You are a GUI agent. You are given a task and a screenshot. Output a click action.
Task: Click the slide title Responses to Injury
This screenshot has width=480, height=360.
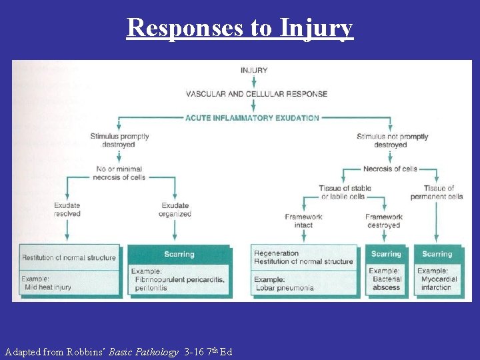pyautogui.click(x=239, y=27)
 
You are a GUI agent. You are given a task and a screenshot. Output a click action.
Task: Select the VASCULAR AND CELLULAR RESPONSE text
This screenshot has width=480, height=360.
pyautogui.click(x=256, y=94)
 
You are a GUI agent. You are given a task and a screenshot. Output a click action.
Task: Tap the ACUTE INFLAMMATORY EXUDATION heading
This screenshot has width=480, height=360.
pyautogui.click(x=253, y=118)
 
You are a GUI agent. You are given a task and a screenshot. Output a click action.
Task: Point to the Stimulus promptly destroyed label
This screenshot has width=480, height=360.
pyautogui.click(x=119, y=141)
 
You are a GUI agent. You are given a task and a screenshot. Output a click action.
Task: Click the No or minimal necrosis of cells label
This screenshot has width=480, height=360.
pyautogui.click(x=119, y=173)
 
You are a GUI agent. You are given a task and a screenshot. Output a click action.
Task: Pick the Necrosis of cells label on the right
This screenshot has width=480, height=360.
pyautogui.click(x=390, y=169)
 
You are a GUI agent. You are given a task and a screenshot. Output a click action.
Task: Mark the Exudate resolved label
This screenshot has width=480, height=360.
pyautogui.click(x=67, y=210)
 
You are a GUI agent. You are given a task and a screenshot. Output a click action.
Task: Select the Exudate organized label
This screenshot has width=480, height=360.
pyautogui.click(x=175, y=210)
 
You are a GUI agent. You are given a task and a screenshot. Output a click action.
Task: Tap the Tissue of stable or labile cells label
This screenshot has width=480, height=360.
pyautogui.click(x=345, y=192)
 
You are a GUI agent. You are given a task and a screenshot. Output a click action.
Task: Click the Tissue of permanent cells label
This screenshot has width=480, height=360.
pyautogui.click(x=436, y=192)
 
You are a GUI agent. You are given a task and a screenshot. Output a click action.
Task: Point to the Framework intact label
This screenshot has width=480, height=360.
pyautogui.click(x=303, y=221)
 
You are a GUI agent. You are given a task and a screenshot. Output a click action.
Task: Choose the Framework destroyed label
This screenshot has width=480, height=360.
pyautogui.click(x=383, y=221)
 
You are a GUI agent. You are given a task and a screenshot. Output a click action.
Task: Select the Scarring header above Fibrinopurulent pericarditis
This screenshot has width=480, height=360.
pyautogui.click(x=179, y=254)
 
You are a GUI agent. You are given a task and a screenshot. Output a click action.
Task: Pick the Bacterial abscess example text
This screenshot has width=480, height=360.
pyautogui.click(x=387, y=283)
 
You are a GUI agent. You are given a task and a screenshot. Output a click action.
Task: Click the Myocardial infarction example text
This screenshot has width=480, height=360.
pyautogui.click(x=436, y=283)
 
